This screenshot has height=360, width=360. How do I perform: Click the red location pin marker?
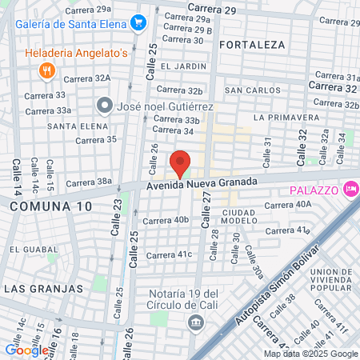[181, 163]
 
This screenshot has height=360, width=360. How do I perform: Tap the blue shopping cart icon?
[139, 24]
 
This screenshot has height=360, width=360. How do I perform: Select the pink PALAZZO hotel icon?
[350, 189]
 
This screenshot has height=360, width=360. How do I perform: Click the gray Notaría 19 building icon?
[194, 322]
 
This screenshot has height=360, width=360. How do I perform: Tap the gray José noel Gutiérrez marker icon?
[105, 106]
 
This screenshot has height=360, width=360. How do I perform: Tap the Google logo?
[26, 349]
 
